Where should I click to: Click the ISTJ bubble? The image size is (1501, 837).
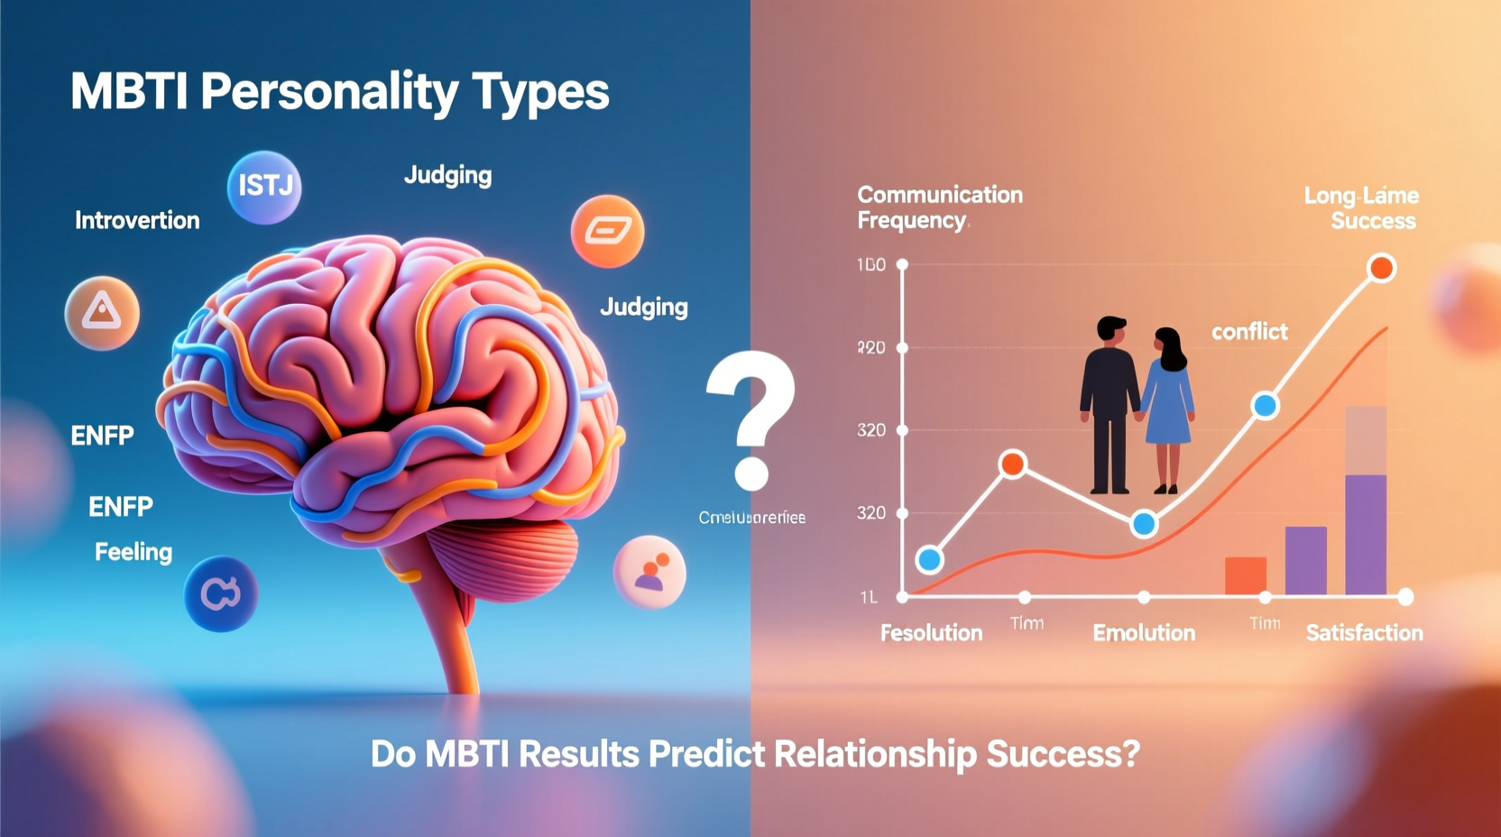(263, 187)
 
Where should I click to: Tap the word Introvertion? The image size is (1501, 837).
(137, 220)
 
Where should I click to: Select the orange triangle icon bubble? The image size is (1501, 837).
(102, 313)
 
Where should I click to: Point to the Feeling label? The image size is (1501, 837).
(134, 551)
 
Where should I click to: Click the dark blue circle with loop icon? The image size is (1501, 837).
(221, 593)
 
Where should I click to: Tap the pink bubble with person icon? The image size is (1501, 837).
(649, 572)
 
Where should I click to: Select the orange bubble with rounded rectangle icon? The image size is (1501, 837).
(607, 232)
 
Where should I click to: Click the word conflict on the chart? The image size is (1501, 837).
(1249, 332)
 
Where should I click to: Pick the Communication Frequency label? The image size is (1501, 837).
(939, 207)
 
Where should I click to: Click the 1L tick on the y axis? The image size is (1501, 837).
(869, 597)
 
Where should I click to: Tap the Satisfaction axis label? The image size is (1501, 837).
(1364, 633)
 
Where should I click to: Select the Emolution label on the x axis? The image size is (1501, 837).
(1144, 633)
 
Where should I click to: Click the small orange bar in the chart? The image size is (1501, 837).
(1245, 575)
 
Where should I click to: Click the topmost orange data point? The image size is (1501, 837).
(1381, 268)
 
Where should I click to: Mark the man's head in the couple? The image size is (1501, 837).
(1110, 329)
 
